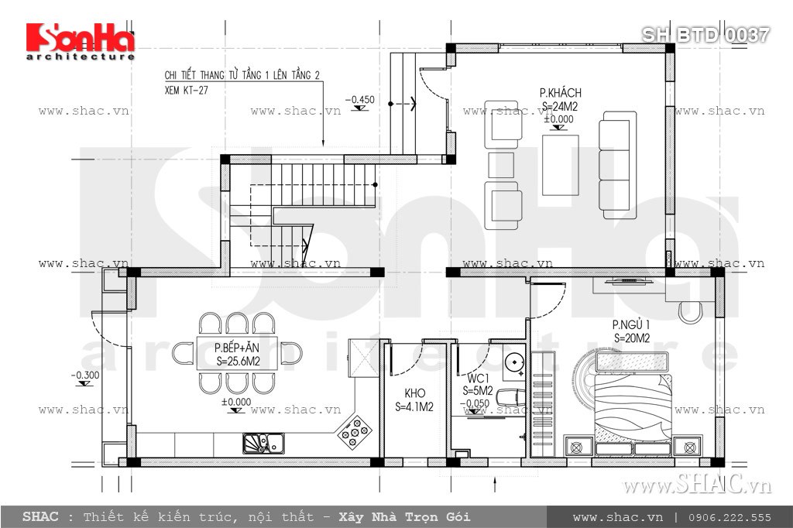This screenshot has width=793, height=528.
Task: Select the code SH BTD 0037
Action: click(705, 34)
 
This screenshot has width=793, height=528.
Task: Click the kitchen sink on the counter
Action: click(263, 444)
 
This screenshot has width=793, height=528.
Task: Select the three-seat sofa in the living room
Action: click(618, 164)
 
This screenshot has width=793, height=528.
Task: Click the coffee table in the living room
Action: click(560, 165)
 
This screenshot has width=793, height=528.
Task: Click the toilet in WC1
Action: click(507, 399)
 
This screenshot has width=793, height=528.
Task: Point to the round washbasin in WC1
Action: click(512, 361)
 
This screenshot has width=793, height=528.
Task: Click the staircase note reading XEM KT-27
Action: click(187, 90)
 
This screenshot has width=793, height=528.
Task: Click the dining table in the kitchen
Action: click(238, 353)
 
